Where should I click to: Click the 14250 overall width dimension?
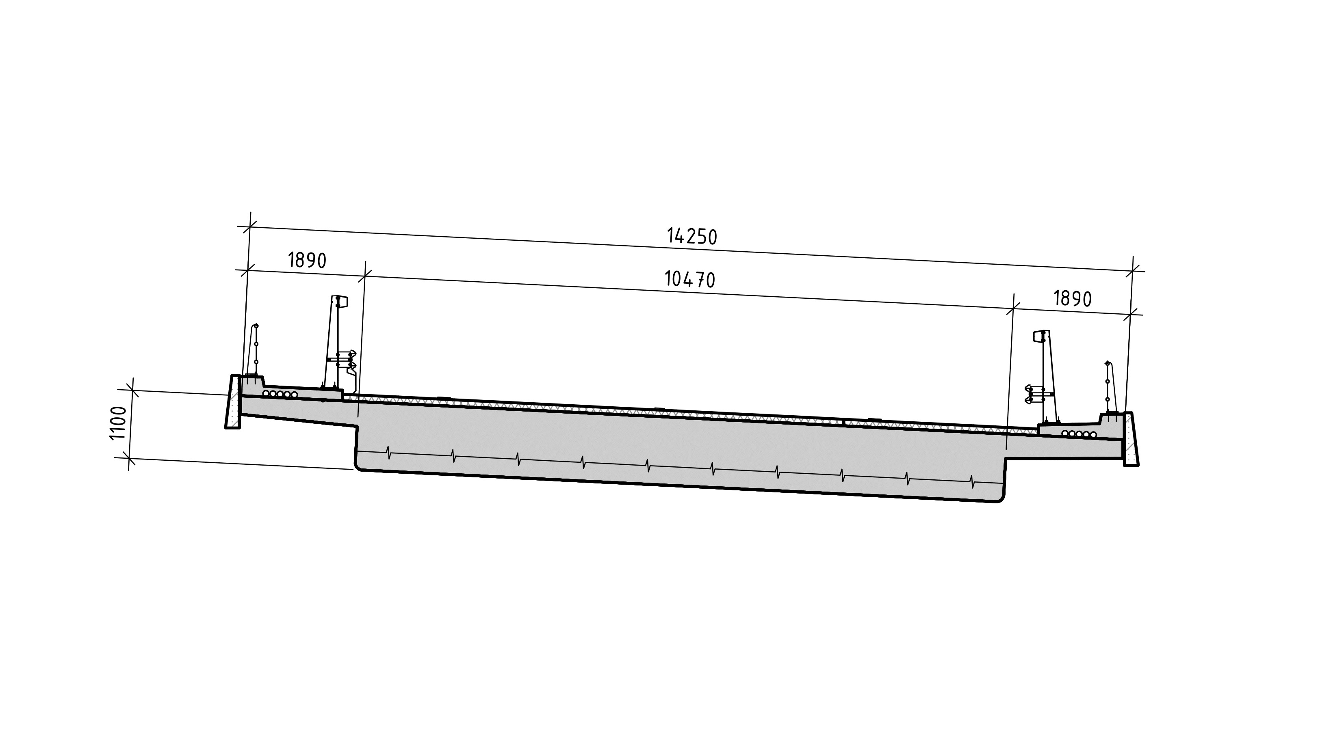click(692, 236)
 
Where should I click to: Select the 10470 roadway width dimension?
click(690, 280)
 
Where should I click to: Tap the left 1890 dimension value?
click(307, 260)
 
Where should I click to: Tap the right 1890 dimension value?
click(1073, 299)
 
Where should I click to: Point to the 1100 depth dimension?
click(119, 423)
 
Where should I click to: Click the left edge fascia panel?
click(233, 401)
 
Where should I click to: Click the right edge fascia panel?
click(1131, 438)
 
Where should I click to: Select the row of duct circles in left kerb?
click(280, 394)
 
